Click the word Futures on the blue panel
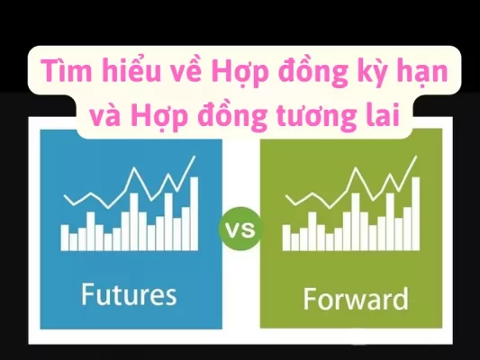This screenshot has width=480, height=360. [x=128, y=293]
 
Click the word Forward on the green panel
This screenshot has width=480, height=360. [x=356, y=297]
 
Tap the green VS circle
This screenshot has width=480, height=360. [x=240, y=230]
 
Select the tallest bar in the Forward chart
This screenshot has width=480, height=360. [x=416, y=214]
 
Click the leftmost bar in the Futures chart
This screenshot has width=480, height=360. [x=65, y=237]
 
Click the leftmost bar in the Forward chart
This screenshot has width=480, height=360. [x=286, y=238]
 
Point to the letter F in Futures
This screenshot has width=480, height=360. [x=86, y=293]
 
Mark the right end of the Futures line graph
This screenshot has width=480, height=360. [x=195, y=159]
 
